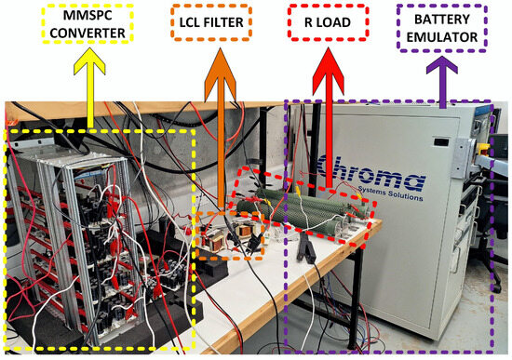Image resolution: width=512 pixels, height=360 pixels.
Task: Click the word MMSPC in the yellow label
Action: (88, 19)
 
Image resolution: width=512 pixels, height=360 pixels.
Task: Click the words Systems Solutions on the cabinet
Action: (391, 196)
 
